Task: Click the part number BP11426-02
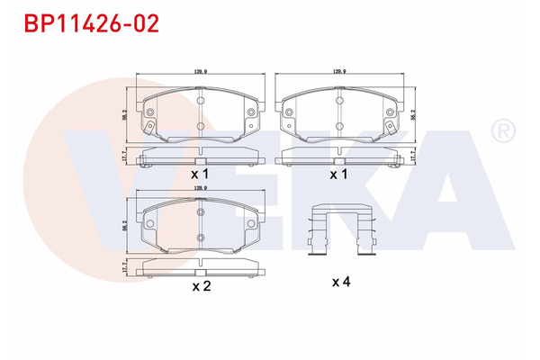point(84,22)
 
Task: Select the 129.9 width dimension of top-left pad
point(200,69)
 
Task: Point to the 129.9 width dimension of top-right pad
point(339,69)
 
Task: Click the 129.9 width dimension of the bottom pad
point(200,188)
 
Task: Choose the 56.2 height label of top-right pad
point(412,114)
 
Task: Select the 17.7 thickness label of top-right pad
point(412,157)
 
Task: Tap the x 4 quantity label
point(339,283)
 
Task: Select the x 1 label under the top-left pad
point(200,173)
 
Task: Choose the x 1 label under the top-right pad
point(338,173)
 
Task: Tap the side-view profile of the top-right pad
point(339,160)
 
